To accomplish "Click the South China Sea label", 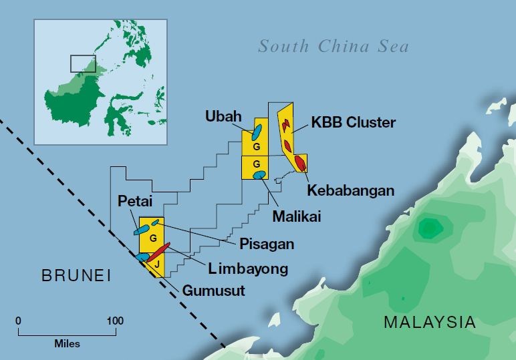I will point(334,47).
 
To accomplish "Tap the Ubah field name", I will point(223,116).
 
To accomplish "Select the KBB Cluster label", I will point(354,123).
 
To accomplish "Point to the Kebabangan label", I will point(351,190).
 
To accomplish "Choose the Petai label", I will point(136,200).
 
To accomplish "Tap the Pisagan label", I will point(267,244).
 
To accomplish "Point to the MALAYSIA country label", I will point(430,322).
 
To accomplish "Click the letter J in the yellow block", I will point(156,265).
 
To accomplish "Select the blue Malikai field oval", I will point(259,175).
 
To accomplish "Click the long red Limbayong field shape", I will point(158,252).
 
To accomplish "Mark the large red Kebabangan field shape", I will point(301,164).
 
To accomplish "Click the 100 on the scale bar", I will point(114,321).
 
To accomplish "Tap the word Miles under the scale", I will point(67,344).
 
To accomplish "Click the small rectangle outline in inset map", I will point(83,63).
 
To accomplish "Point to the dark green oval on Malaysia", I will point(427,230).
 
